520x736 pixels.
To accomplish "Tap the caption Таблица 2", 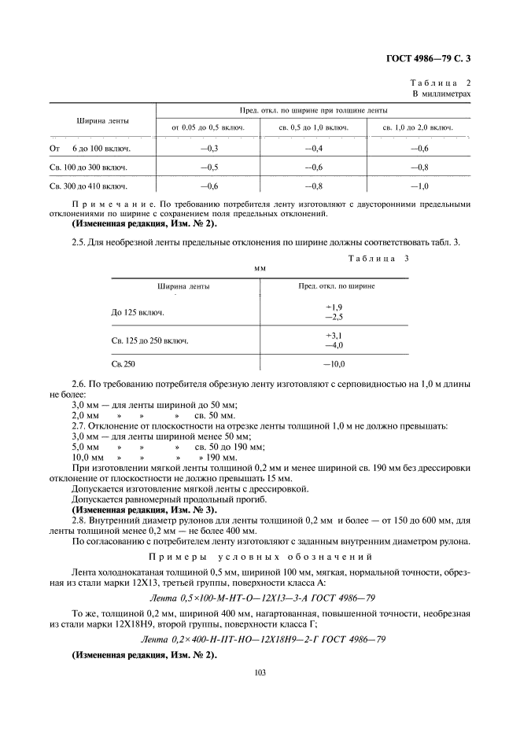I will pyautogui.click(x=441, y=82).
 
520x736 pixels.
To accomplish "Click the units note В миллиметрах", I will pyautogui.click(x=442, y=94).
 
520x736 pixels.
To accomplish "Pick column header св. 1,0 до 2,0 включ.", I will pyautogui.click(x=417, y=127).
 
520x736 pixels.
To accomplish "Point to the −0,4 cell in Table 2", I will pyautogui.click(x=314, y=148).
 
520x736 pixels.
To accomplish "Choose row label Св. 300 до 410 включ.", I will pyautogui.click(x=88, y=187).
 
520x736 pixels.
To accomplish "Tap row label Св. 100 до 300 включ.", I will pyautogui.click(x=88, y=167).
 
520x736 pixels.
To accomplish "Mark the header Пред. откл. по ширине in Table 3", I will pyautogui.click(x=336, y=286).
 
